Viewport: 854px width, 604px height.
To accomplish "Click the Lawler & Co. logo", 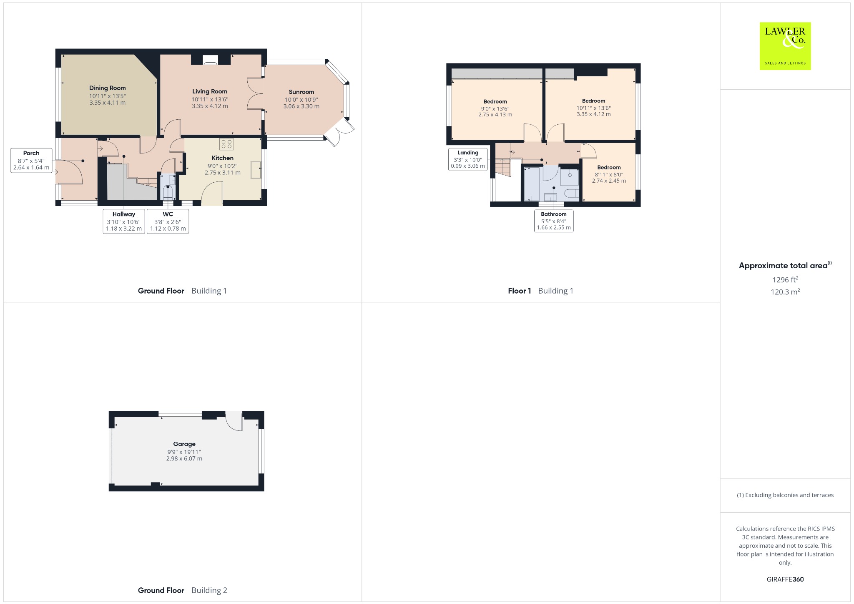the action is [x=785, y=46].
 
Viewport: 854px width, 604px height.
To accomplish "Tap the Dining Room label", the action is [x=107, y=88].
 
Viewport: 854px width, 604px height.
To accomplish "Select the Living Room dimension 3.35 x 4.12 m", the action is [x=210, y=106].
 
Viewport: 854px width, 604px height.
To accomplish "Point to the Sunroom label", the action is [x=301, y=92].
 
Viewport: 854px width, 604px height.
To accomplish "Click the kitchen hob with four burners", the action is [x=226, y=144].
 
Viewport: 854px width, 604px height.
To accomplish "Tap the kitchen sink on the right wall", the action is [x=256, y=170].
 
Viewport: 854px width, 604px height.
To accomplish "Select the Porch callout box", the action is [x=31, y=160].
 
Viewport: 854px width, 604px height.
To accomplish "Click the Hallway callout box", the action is [x=124, y=221].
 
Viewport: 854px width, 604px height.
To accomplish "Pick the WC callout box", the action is [x=168, y=221].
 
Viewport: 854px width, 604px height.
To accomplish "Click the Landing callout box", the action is [x=468, y=159].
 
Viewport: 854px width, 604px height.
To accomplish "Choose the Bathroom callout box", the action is [x=554, y=221].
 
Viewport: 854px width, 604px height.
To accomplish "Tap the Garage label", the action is [x=184, y=444].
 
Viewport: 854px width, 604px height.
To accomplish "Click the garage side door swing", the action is [x=234, y=421].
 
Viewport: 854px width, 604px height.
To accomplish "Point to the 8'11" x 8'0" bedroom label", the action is [x=609, y=174].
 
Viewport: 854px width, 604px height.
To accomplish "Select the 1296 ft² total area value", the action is [x=785, y=279].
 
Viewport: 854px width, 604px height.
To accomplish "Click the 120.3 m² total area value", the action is [x=785, y=292].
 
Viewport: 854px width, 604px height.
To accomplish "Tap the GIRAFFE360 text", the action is [x=785, y=579].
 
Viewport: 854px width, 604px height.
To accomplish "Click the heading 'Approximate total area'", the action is [x=783, y=266].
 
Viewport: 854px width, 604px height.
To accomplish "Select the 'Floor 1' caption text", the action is [x=519, y=291].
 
